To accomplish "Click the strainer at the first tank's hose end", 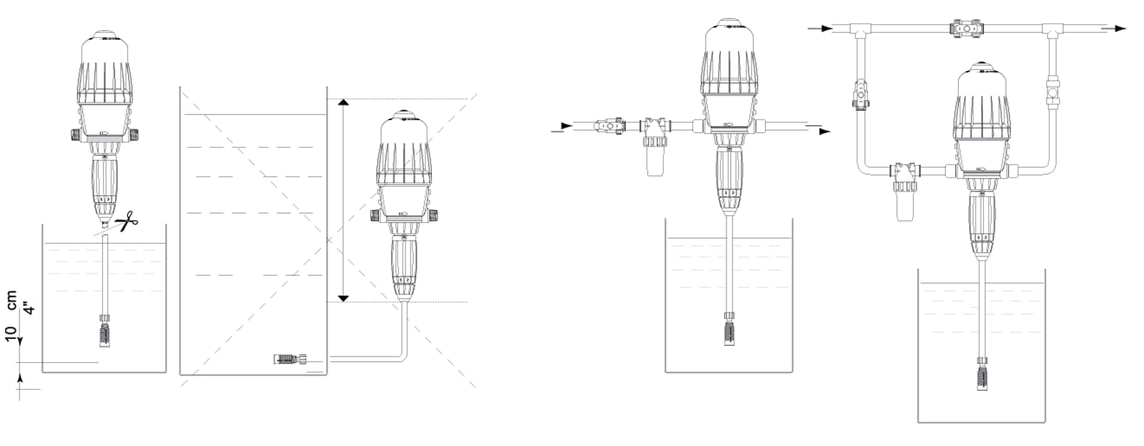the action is tap(104, 334).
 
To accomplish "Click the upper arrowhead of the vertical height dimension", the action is tap(343, 103).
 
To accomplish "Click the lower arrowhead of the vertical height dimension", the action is tap(343, 298).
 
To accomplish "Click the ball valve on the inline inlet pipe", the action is tap(608, 124).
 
